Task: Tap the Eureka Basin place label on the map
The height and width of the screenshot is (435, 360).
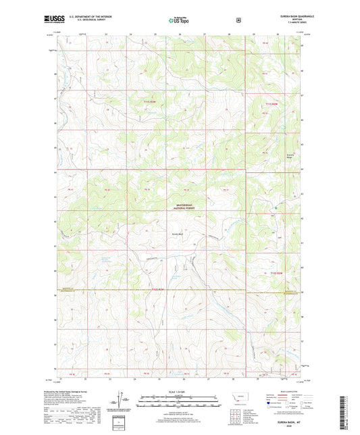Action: point(178,234)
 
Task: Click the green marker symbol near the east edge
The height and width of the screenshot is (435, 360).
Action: point(278,217)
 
